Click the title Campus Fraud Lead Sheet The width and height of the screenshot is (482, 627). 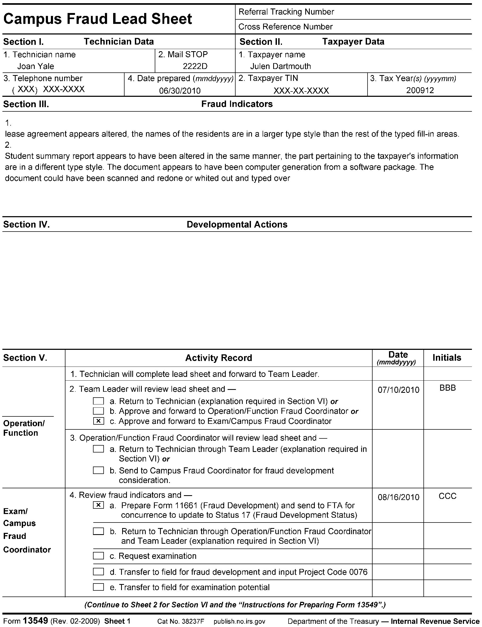[x=98, y=19]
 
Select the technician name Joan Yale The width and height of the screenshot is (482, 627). [x=36, y=66]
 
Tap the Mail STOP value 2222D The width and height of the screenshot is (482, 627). [x=195, y=66]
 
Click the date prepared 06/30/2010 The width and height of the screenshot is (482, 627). [x=180, y=91]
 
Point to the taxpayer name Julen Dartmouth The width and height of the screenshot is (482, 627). [x=280, y=66]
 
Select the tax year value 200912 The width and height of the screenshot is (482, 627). [x=420, y=90]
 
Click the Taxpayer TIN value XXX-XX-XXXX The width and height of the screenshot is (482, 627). [x=301, y=91]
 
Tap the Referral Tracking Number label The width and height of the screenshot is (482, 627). [x=286, y=12]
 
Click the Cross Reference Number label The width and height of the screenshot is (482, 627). [x=285, y=27]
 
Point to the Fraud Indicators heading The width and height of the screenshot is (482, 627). [x=237, y=104]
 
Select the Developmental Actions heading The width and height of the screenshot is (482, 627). [x=237, y=224]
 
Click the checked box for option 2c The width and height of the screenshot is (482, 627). [x=98, y=421]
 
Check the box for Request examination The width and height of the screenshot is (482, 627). [x=98, y=556]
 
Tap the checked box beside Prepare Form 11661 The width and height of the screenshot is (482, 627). [x=98, y=505]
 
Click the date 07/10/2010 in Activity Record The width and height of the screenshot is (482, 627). [x=398, y=390]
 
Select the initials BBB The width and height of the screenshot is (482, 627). [x=447, y=388]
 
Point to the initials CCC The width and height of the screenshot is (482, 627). [x=447, y=497]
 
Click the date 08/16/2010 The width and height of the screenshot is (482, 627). [x=398, y=497]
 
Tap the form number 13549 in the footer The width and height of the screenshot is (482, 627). [x=35, y=621]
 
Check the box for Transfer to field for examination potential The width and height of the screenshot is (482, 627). [x=98, y=587]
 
